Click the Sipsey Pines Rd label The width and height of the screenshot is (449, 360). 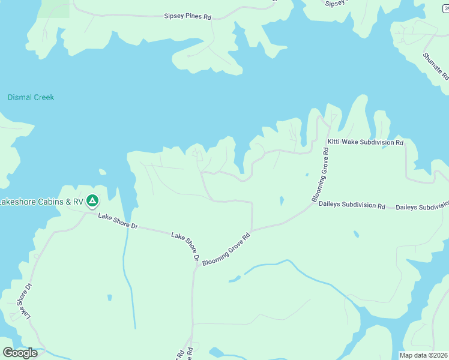point(188,17)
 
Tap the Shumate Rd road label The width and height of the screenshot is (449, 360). point(435,66)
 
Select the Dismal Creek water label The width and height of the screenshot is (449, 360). point(31,97)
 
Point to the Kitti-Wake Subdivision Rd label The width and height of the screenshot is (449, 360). point(365,143)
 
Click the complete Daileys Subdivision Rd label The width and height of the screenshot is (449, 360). point(351,205)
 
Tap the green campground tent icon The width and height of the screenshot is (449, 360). point(92,200)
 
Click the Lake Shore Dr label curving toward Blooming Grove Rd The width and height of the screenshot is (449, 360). point(185,245)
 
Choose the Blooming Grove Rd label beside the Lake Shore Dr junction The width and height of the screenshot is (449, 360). point(226,250)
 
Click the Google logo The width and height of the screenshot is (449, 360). point(20,353)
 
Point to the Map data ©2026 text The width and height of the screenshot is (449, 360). point(424,355)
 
